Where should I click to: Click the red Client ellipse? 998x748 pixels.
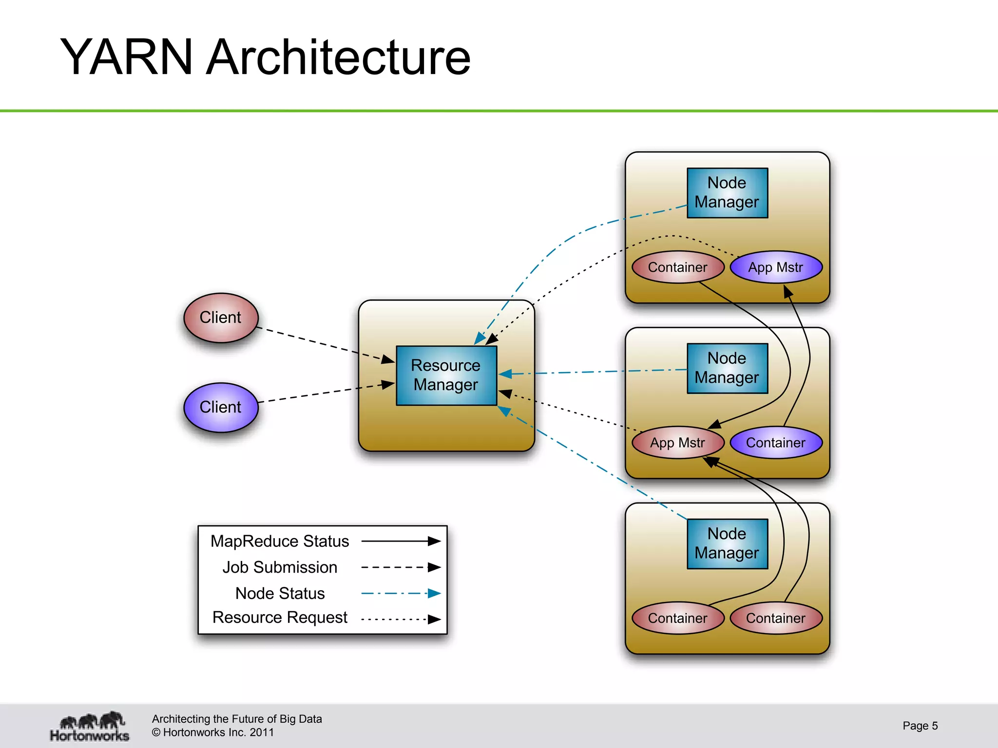tap(221, 318)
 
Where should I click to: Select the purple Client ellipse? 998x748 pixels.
tap(221, 407)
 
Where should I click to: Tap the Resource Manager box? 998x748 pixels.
tap(446, 375)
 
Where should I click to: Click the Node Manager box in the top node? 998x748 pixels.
tap(727, 193)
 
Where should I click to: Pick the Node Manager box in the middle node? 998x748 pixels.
tap(727, 368)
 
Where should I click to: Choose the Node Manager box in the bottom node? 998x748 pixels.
tap(727, 543)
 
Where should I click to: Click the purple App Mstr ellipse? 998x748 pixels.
tap(776, 267)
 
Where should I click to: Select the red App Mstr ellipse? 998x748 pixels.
tap(677, 443)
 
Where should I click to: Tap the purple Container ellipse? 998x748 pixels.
tap(776, 443)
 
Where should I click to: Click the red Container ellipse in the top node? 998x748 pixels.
tap(677, 267)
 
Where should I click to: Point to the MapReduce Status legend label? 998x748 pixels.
tap(280, 541)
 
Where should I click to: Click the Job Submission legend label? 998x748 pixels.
tap(280, 567)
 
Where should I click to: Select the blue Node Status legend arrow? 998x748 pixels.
tap(401, 593)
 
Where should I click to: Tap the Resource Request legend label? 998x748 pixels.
tap(280, 617)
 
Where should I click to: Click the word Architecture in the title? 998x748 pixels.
tap(338, 57)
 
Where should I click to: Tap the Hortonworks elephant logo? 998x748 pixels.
tap(90, 726)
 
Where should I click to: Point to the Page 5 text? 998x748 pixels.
tap(920, 726)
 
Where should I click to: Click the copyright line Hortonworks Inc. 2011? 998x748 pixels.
tap(213, 732)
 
